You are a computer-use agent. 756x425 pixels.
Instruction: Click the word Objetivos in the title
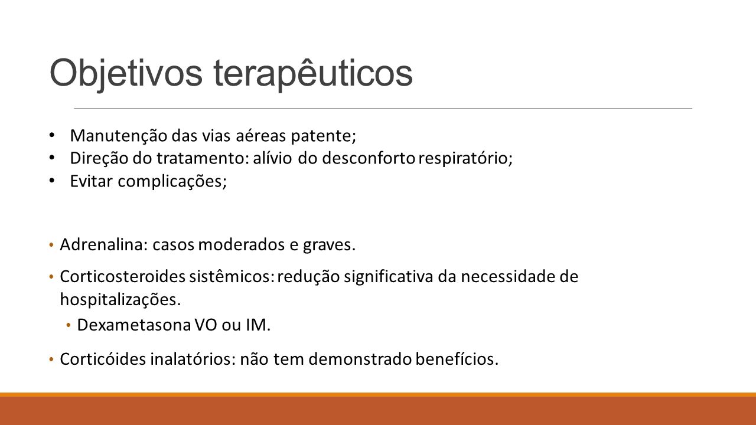pyautogui.click(x=126, y=74)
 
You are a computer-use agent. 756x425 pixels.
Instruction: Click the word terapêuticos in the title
pyautogui.click(x=313, y=74)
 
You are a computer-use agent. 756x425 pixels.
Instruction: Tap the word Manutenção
pyautogui.click(x=119, y=136)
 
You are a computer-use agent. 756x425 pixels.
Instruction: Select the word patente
pyautogui.click(x=323, y=136)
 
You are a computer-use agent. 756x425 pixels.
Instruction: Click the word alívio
pyautogui.click(x=272, y=158)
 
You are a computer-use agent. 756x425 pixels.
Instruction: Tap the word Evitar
pyautogui.click(x=91, y=181)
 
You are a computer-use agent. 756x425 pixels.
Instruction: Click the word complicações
pyautogui.click(x=172, y=182)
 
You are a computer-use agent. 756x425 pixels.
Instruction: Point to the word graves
pyautogui.click(x=329, y=245)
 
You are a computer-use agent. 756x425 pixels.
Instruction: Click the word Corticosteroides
pyautogui.click(x=123, y=277)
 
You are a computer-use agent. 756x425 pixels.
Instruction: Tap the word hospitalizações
pyautogui.click(x=120, y=300)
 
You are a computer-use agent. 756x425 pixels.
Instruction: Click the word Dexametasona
pyautogui.click(x=135, y=325)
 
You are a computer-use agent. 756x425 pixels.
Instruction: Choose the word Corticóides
pyautogui.click(x=103, y=359)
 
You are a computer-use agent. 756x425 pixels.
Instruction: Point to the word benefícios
pyautogui.click(x=457, y=359)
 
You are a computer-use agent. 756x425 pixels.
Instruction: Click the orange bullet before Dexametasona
pyautogui.click(x=69, y=325)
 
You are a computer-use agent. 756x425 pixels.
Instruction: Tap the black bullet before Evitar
pyautogui.click(x=51, y=181)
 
